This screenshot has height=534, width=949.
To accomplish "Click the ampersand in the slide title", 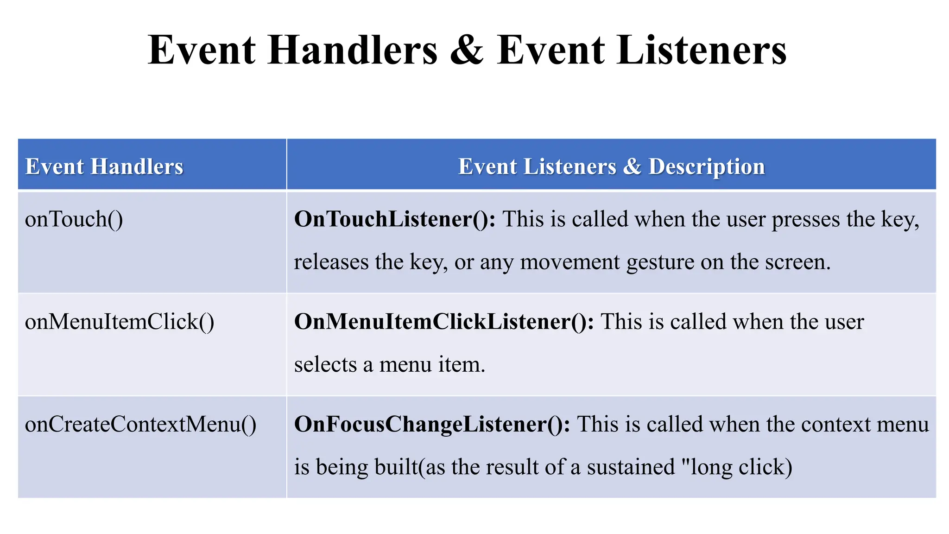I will click(x=467, y=50).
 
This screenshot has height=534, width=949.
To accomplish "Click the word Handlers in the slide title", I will click(x=352, y=50).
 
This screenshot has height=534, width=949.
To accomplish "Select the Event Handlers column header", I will click(x=104, y=166).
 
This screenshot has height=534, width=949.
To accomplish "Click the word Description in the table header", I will click(x=706, y=166).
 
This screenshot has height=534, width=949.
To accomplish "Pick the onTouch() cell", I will click(x=74, y=219).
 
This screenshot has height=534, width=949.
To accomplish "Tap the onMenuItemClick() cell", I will click(x=120, y=322).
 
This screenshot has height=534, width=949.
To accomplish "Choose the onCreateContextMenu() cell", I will click(x=140, y=424).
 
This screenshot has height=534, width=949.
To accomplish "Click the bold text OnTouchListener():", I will click(x=395, y=219).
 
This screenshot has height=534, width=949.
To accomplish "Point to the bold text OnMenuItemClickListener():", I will click(x=444, y=322).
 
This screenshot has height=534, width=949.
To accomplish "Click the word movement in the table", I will click(x=569, y=262).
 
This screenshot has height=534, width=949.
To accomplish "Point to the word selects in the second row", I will click(x=325, y=364).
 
